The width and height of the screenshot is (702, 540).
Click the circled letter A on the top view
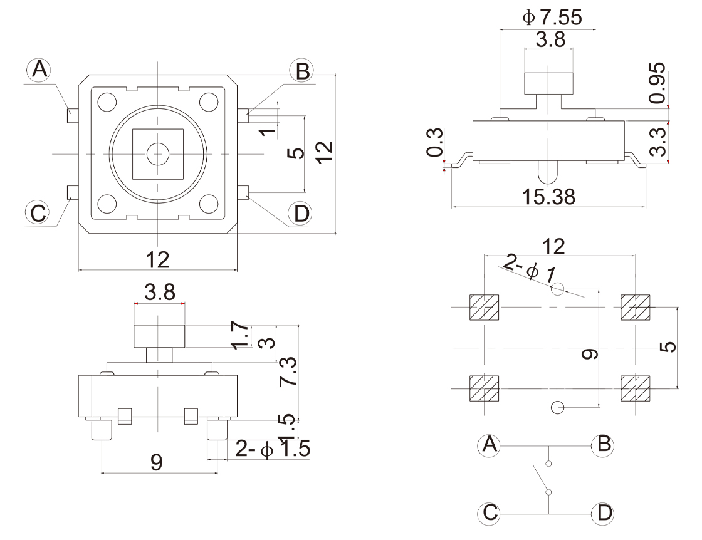[39, 70]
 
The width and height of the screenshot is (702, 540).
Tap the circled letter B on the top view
[303, 71]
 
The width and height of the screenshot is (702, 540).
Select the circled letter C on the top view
[39, 213]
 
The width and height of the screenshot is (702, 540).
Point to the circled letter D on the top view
[302, 214]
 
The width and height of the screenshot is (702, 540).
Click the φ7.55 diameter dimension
[552, 17]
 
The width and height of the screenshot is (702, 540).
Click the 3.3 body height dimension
[657, 142]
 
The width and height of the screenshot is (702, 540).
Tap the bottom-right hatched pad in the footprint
[635, 388]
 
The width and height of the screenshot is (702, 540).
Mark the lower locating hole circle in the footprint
[557, 408]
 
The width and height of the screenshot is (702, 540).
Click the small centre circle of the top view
[158, 153]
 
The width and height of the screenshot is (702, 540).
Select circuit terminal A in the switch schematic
[490, 445]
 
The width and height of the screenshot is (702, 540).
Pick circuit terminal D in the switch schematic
[604, 514]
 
